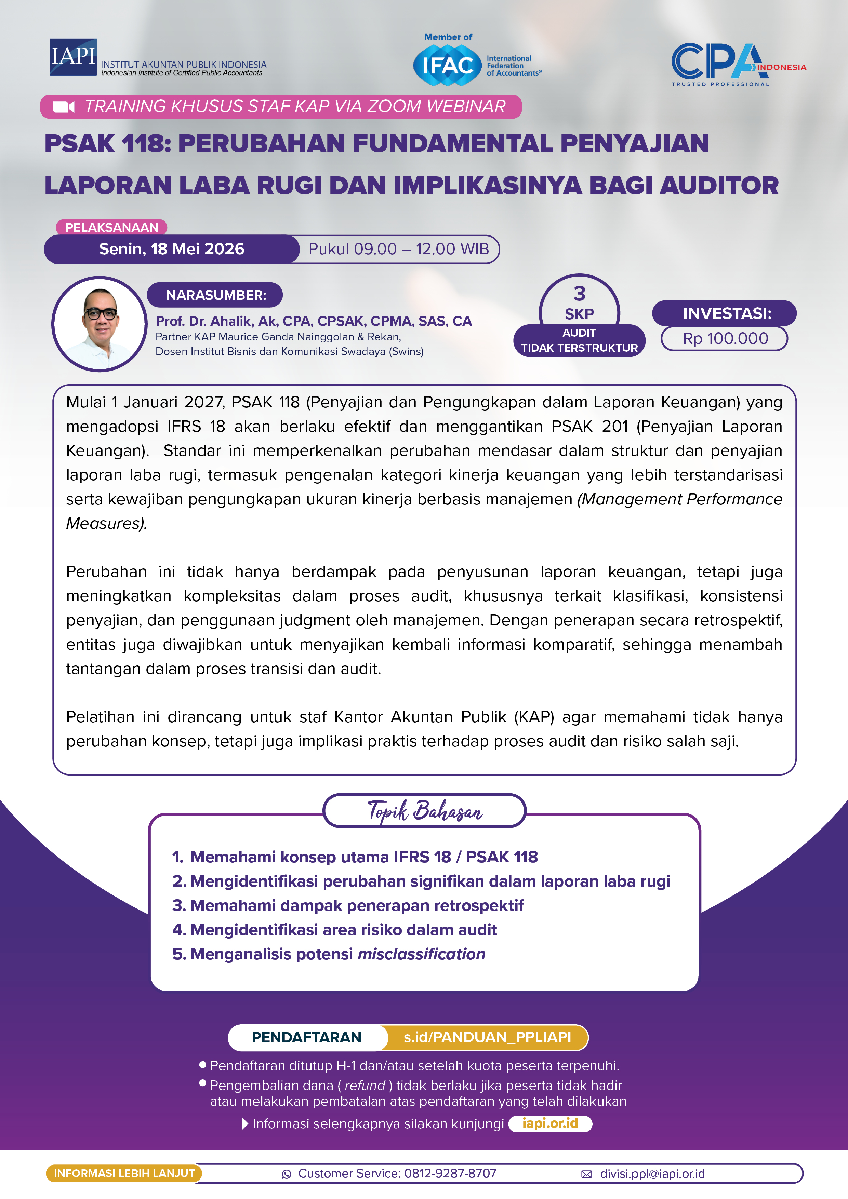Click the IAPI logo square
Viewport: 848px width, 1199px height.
(73, 56)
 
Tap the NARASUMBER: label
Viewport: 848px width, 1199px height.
(215, 295)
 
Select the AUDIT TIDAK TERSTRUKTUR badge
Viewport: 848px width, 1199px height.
(579, 340)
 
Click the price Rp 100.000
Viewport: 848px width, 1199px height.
(725, 338)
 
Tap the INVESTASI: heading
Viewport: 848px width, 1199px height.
(726, 313)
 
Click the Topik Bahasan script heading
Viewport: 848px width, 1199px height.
(424, 811)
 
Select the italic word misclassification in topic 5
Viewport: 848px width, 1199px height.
(421, 954)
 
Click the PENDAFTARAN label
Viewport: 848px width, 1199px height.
(307, 1037)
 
